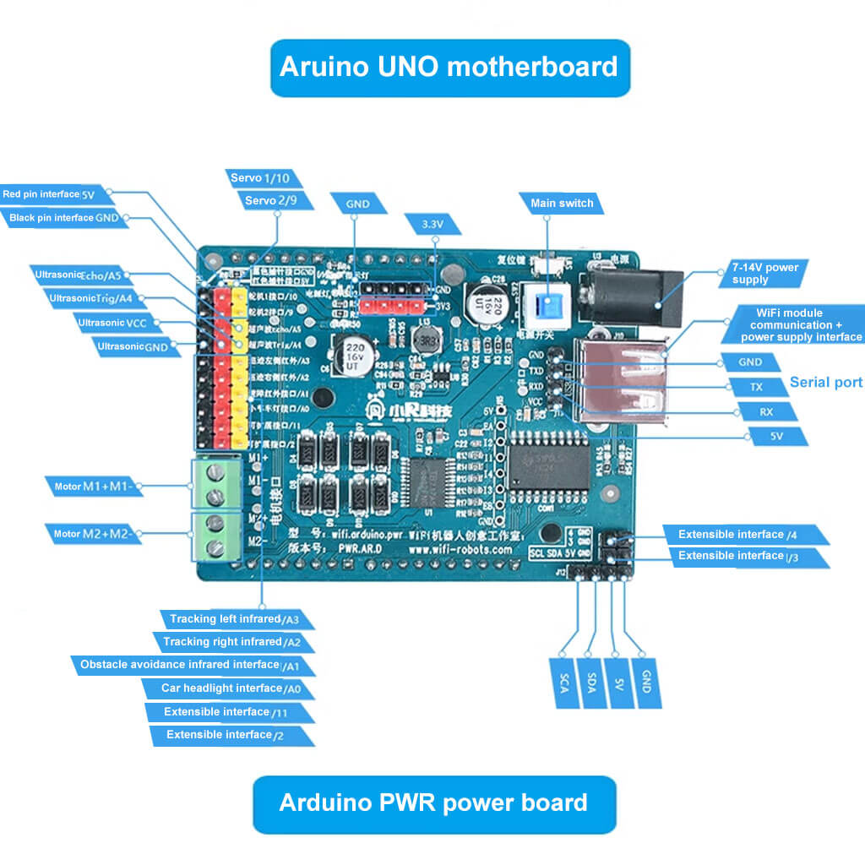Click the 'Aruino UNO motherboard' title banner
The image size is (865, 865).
[x=449, y=67]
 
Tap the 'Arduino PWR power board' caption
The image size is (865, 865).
[x=433, y=802]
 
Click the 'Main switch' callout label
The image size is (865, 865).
[x=562, y=204]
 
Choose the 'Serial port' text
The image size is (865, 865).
[x=825, y=383]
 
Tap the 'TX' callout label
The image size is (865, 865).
[x=757, y=387]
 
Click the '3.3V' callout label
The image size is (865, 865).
[x=432, y=225]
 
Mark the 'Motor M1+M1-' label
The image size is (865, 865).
[x=93, y=487]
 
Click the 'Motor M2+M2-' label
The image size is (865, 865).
[x=93, y=534]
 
